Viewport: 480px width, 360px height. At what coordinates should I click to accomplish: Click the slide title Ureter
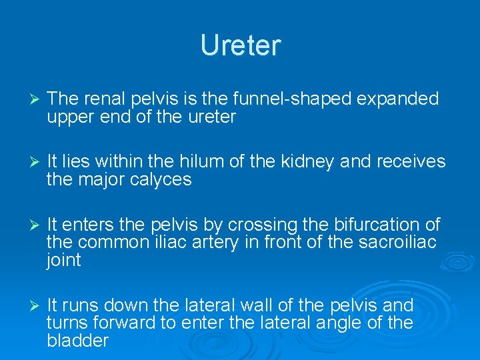[240, 45]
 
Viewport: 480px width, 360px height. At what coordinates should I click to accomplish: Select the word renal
[102, 99]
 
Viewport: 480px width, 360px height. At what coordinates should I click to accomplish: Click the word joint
[63, 260]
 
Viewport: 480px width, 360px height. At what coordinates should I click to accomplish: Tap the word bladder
[77, 341]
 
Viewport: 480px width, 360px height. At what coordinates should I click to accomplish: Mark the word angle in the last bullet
[355, 323]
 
